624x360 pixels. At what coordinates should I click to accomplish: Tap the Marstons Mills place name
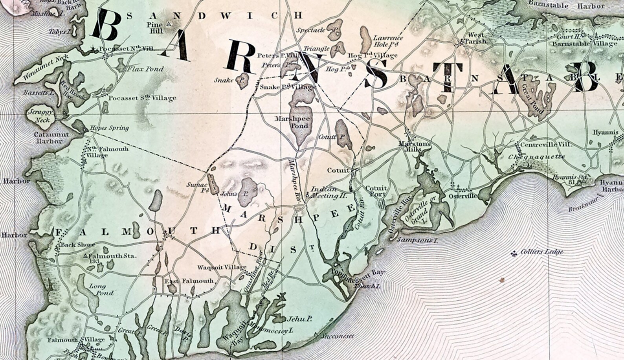click(415, 147)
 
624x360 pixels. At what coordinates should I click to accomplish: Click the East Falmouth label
click(189, 281)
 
